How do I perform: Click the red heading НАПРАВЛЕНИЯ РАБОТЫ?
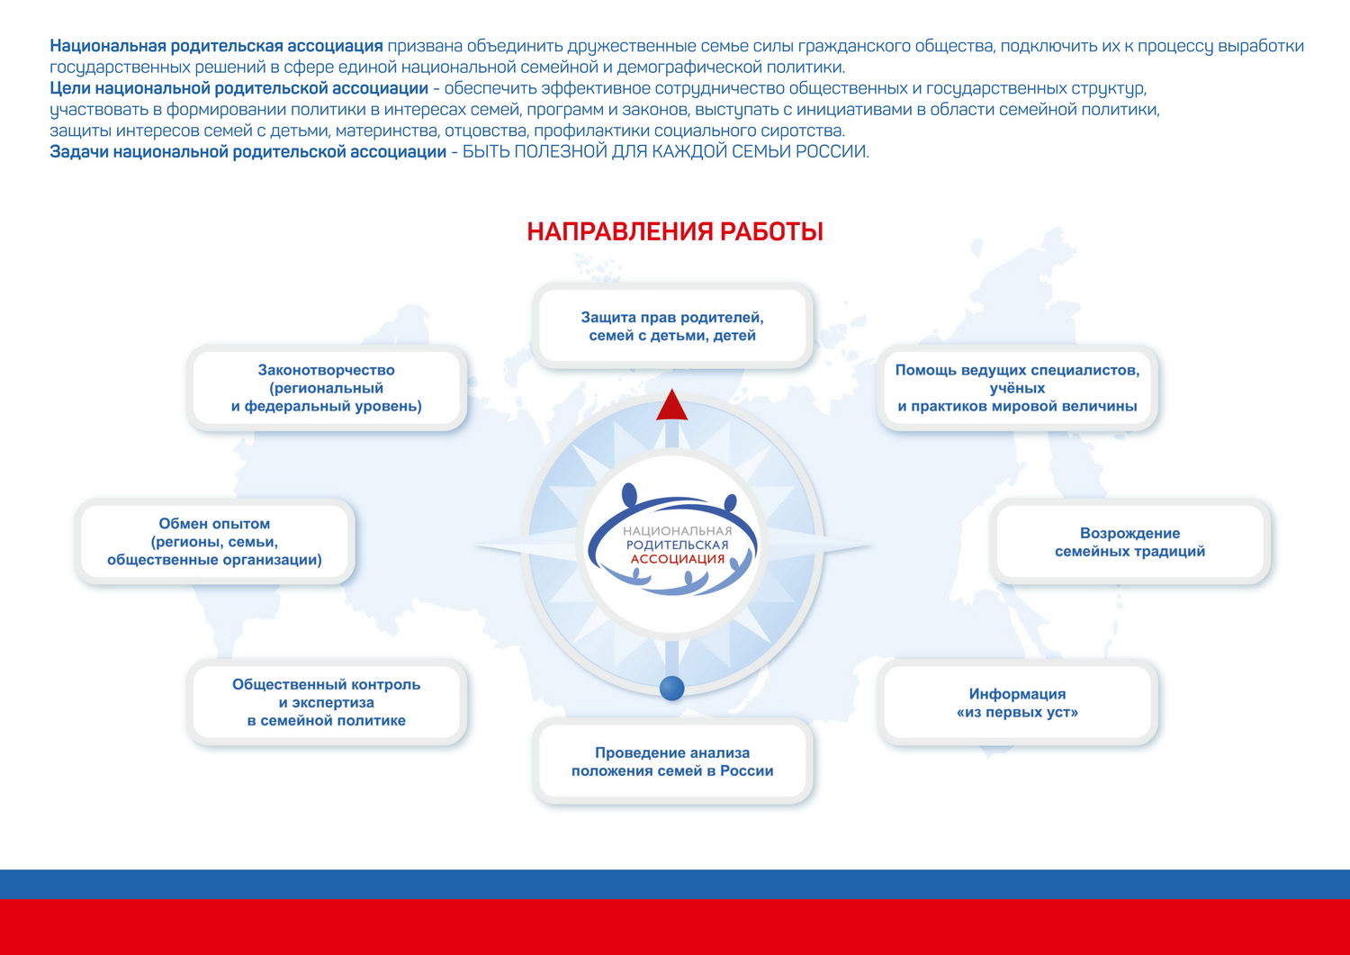(x=675, y=231)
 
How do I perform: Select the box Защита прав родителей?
(x=672, y=326)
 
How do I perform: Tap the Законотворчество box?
(x=327, y=388)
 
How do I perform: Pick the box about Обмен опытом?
(x=214, y=542)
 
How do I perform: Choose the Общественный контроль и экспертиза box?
(x=327, y=702)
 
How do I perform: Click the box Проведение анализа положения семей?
(x=672, y=761)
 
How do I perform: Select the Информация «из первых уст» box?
(x=1017, y=702)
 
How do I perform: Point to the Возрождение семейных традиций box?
(x=1130, y=542)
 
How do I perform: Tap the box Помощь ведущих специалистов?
(x=1017, y=388)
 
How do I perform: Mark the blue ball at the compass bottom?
(x=672, y=688)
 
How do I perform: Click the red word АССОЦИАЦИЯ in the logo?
(x=678, y=559)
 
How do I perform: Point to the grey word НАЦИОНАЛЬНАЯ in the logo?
(x=678, y=530)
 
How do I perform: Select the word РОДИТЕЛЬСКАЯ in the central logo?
(x=678, y=545)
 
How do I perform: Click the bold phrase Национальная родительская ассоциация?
(x=216, y=46)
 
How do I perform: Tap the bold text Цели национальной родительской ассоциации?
(x=238, y=88)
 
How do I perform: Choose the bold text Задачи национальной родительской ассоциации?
(x=247, y=151)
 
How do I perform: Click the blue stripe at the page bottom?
(x=675, y=884)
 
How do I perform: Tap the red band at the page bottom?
(x=675, y=927)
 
